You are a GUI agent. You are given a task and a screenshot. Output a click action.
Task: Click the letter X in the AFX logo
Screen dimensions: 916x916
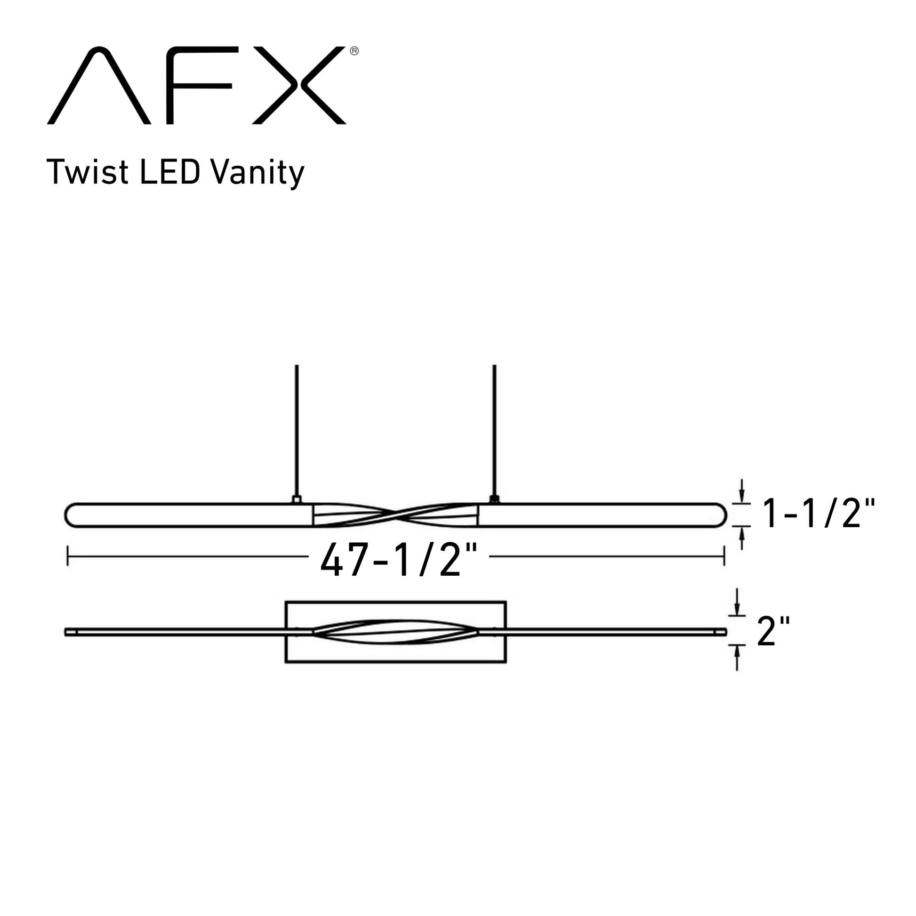click(x=299, y=85)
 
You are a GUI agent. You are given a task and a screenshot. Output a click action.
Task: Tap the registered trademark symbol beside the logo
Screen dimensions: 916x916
click(x=354, y=51)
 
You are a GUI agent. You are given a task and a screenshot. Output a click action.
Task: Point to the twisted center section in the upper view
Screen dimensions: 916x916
click(x=395, y=515)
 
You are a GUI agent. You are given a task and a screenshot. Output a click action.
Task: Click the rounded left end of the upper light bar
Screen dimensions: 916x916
click(x=71, y=515)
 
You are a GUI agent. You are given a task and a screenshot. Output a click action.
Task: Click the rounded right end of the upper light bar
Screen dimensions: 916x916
click(x=720, y=515)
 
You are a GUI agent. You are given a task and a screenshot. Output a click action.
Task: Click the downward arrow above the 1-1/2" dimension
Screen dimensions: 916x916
click(x=742, y=493)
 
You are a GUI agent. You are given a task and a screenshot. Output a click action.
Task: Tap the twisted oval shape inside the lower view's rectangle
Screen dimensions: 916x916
click(x=395, y=632)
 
